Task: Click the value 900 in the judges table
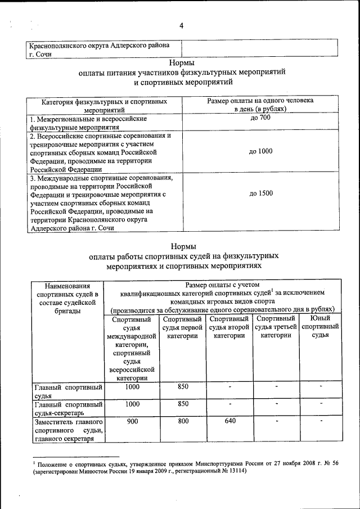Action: (132, 421)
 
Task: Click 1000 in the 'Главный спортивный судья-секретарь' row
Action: (132, 404)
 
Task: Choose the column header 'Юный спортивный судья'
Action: (320, 327)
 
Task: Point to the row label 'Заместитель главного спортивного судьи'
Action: (68, 430)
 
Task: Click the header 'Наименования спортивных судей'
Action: (68, 298)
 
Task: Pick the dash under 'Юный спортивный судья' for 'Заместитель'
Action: (320, 421)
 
